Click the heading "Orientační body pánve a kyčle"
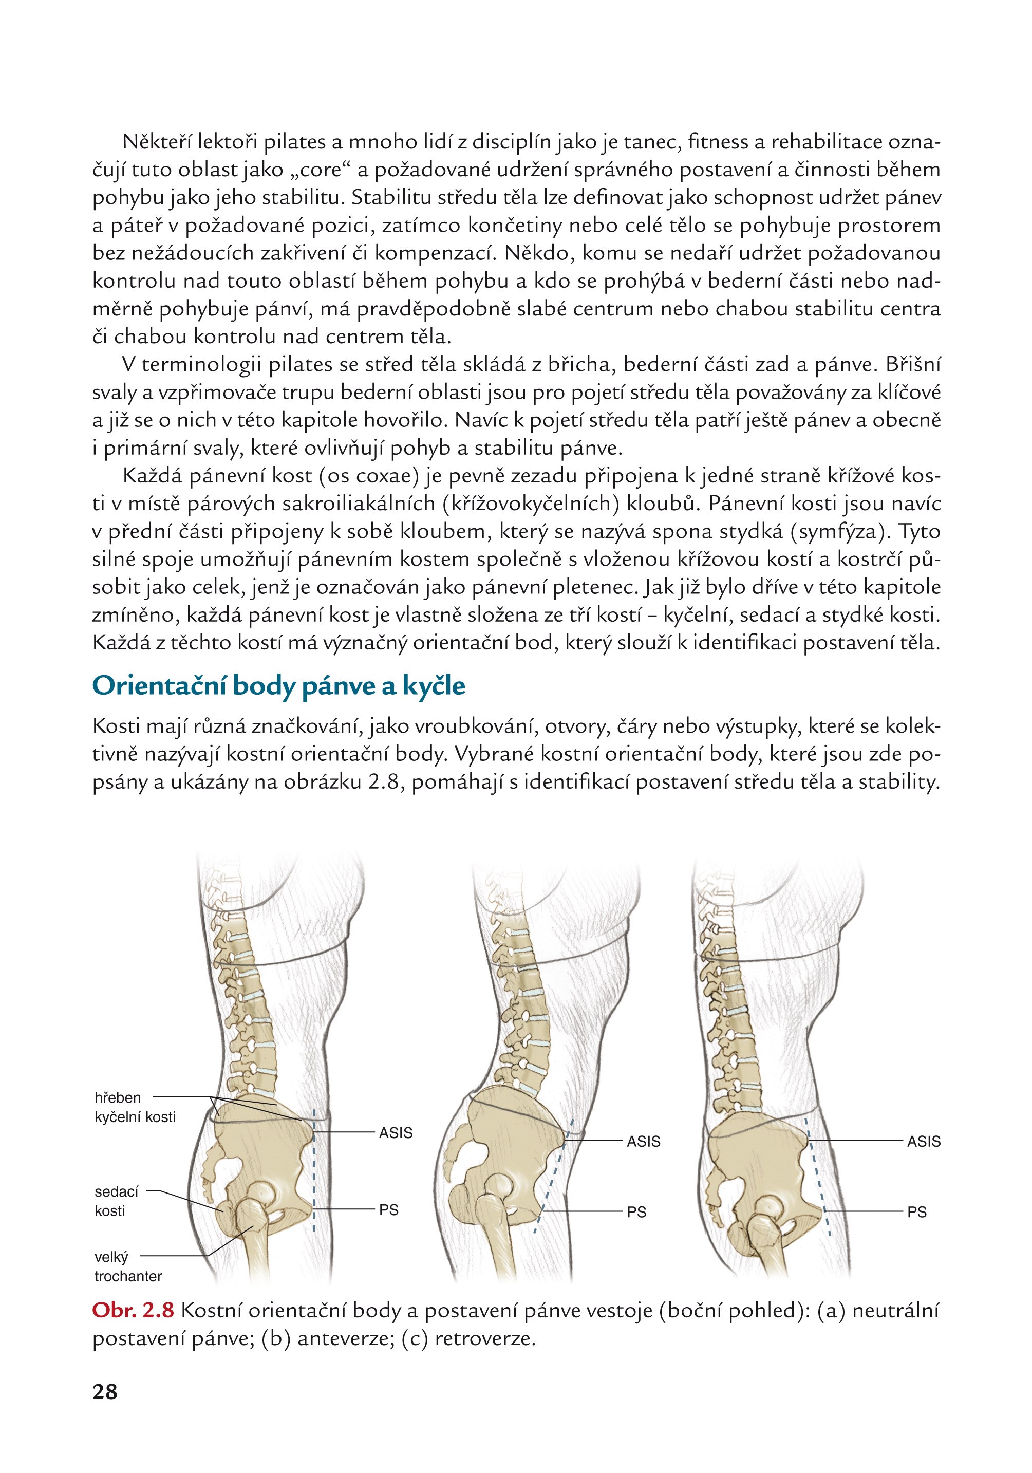click(278, 686)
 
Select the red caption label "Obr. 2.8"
click(133, 1310)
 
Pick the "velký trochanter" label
click(127, 1266)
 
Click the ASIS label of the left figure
click(395, 1133)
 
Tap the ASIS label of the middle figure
click(643, 1141)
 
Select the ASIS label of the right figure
click(923, 1141)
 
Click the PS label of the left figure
click(389, 1210)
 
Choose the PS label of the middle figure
click(636, 1212)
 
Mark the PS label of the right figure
click(916, 1212)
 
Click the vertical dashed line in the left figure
click(314, 1174)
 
